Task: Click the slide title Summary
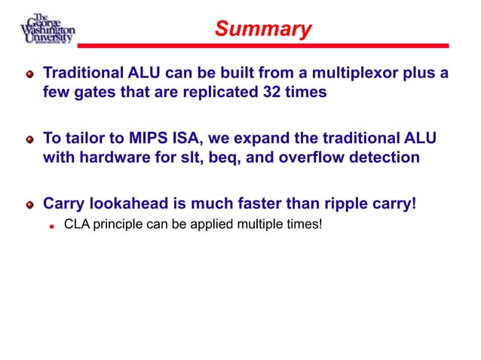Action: [x=262, y=29]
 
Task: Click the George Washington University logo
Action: [x=47, y=29]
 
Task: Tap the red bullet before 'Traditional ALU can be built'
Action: [x=29, y=75]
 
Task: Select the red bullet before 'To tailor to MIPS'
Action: [x=29, y=140]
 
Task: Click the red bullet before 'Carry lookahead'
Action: [x=29, y=205]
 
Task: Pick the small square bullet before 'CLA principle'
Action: [x=52, y=224]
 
